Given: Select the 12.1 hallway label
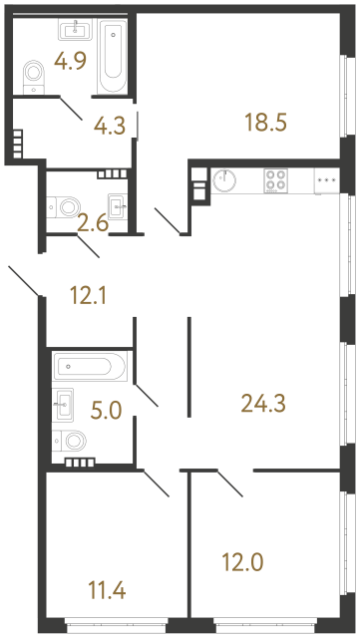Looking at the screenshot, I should [90, 295].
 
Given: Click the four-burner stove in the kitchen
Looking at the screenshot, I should [276, 180].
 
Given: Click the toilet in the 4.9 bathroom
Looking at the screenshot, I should [34, 74].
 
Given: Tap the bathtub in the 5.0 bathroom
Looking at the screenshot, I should [88, 366].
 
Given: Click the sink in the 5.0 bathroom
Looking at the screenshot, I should [66, 403].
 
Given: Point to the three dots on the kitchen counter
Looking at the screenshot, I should [326, 179].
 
